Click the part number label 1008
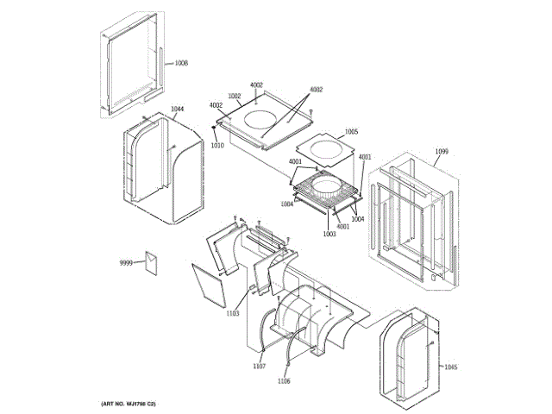181,63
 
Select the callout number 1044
177,109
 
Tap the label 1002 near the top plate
234,96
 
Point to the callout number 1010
217,145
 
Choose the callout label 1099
442,152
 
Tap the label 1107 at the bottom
259,367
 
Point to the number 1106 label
284,380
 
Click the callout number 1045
451,367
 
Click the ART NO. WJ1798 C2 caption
128,404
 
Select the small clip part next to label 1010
213,131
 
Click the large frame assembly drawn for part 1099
411,220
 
